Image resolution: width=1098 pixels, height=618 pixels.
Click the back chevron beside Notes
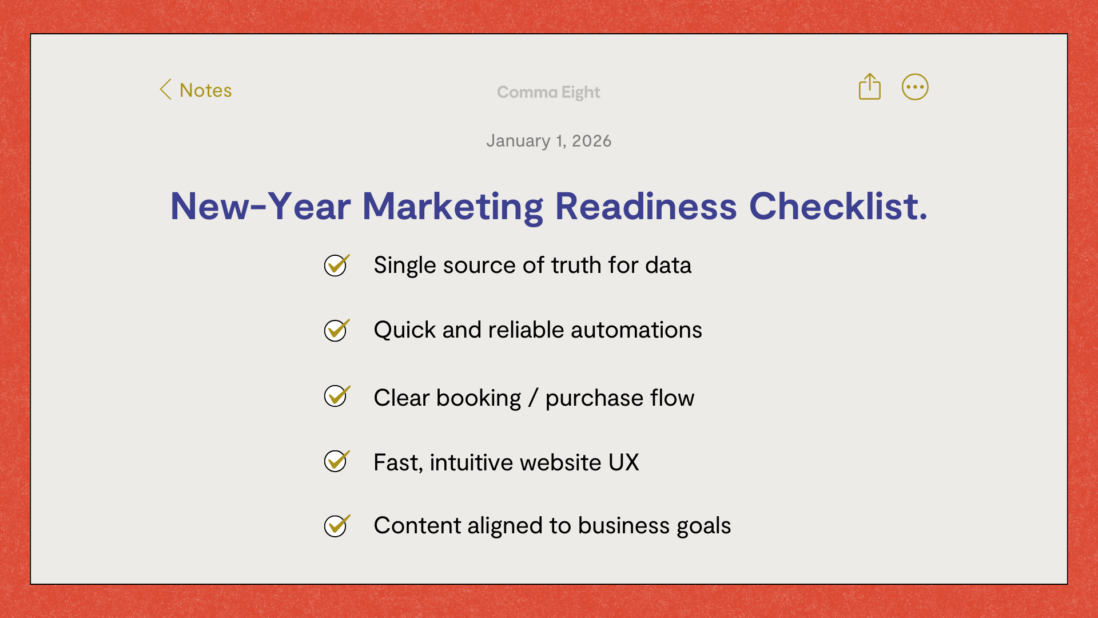click(x=165, y=89)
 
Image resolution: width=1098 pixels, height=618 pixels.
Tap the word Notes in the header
click(x=206, y=90)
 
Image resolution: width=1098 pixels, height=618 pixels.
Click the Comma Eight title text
click(x=548, y=92)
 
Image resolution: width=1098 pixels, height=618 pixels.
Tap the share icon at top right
click(x=869, y=86)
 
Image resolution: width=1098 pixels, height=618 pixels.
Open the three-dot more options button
click(x=915, y=87)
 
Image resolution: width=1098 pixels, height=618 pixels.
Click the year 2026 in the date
click(x=592, y=141)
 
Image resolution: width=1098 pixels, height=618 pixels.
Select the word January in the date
click(x=518, y=141)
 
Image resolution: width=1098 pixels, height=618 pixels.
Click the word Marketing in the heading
click(x=452, y=207)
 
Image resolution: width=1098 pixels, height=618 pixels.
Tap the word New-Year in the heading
click(x=260, y=206)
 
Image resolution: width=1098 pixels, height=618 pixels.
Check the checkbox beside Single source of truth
click(x=336, y=265)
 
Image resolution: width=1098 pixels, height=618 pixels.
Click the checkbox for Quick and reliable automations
click(x=336, y=330)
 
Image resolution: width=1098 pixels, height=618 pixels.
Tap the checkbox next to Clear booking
click(x=336, y=396)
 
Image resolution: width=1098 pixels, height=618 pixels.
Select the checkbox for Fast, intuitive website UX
click(x=336, y=461)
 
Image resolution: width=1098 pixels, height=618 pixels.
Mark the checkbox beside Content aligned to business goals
click(x=336, y=526)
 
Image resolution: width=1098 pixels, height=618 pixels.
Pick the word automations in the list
click(x=636, y=330)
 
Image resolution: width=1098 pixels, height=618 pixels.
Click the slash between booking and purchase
click(x=534, y=398)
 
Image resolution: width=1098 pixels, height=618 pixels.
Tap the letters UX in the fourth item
click(x=624, y=462)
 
